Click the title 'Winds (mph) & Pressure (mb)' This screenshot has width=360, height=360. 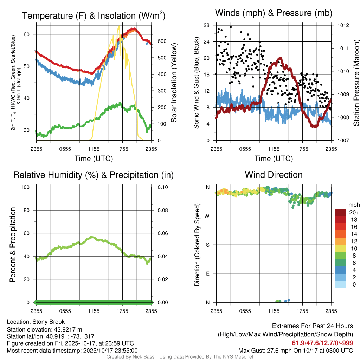[274, 13]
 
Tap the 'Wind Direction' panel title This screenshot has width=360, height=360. [274, 175]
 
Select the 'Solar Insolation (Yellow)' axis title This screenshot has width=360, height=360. [174, 83]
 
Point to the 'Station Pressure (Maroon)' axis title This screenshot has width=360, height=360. [356, 83]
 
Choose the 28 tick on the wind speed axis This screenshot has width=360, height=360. [207, 25]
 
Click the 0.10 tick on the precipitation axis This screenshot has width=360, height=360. [161, 187]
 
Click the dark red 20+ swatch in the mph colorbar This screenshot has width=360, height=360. [340, 212]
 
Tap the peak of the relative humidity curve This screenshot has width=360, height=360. [92, 237]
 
